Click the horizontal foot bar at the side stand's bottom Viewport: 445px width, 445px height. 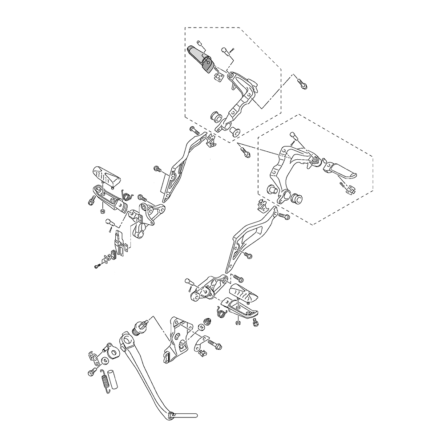point(185,415)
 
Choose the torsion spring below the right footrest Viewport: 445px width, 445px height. point(221,313)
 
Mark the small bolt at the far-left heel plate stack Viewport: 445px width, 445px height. point(97,266)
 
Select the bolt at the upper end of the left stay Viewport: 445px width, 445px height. point(194,130)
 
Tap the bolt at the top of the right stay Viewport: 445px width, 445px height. point(284,217)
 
